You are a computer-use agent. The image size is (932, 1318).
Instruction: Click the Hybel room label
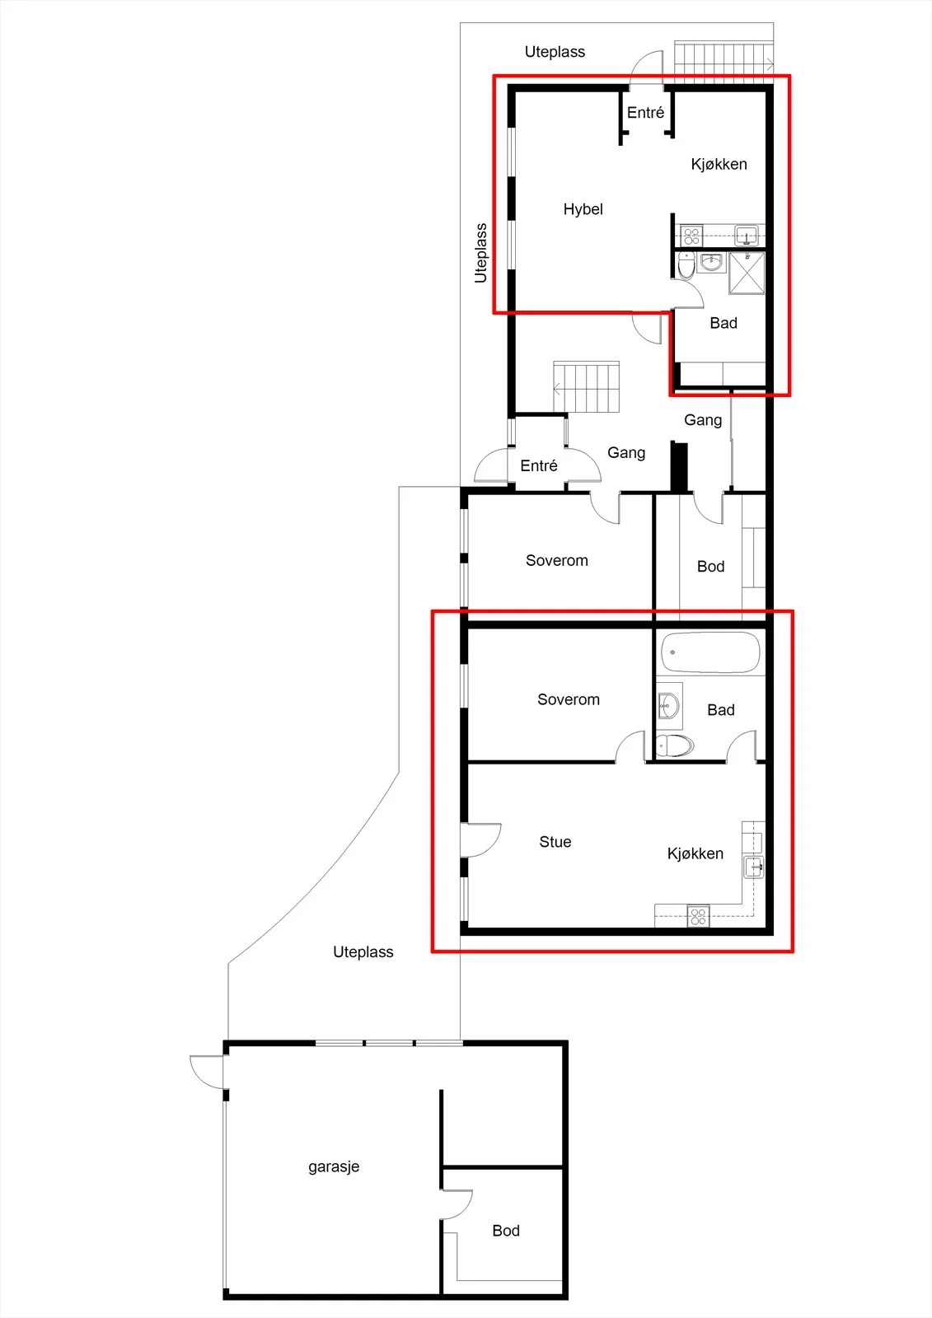(583, 209)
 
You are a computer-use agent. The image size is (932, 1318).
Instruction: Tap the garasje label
(334, 1166)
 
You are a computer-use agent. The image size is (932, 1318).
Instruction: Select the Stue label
(555, 841)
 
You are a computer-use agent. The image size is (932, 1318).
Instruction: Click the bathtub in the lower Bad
(710, 652)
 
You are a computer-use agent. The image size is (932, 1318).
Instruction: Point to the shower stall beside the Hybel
(747, 273)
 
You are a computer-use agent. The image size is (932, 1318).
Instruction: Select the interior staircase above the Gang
(587, 386)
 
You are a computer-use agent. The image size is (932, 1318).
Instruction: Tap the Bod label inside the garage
(506, 1231)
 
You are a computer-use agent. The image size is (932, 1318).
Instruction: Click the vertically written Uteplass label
(481, 253)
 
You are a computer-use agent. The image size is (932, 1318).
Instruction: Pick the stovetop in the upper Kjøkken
(691, 236)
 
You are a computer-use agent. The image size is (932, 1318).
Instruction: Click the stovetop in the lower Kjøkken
(698, 916)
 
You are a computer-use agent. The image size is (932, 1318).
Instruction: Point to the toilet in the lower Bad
(675, 746)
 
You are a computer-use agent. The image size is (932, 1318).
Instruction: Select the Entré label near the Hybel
(645, 112)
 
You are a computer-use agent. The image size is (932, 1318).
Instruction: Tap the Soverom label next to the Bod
(557, 560)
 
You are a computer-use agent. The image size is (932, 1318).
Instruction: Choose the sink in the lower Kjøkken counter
(754, 867)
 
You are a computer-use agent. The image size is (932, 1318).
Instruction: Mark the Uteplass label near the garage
(363, 952)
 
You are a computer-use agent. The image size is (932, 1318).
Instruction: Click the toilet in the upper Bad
(686, 266)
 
